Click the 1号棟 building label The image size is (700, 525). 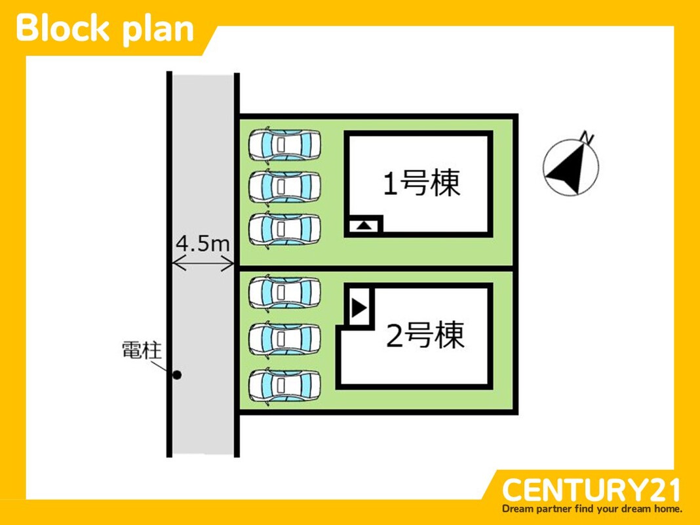421,184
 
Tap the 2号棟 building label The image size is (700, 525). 425,336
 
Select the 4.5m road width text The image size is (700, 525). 203,244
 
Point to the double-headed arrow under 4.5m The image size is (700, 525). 203,264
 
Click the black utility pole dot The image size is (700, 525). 176,375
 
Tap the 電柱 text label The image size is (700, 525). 141,350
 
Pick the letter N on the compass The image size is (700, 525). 587,138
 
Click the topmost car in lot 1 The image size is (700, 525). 284,144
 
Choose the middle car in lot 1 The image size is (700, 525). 284,186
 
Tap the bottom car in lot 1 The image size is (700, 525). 284,228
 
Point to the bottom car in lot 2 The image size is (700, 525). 284,385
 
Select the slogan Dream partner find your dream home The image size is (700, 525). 592,509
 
